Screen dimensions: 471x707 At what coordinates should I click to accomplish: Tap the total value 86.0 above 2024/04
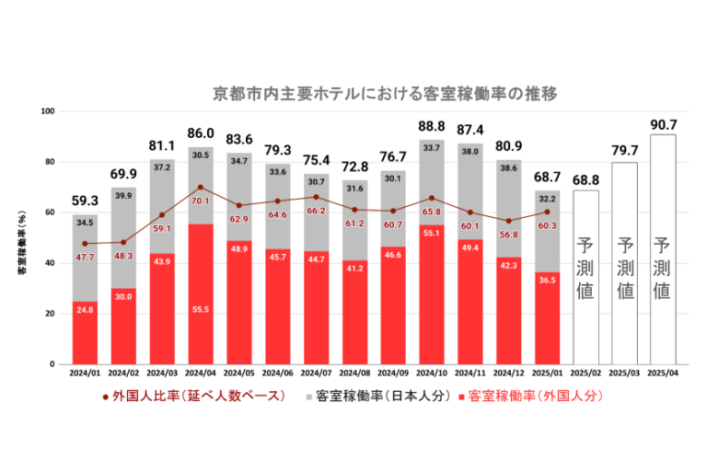click(x=201, y=133)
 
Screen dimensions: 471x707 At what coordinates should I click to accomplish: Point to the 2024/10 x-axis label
click(x=432, y=375)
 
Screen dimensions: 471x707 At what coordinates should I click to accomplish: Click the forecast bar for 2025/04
click(x=663, y=248)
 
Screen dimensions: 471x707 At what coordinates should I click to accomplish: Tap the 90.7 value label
click(x=663, y=123)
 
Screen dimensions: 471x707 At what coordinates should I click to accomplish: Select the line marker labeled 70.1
click(x=201, y=188)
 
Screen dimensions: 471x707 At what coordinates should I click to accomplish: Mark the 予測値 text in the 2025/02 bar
click(x=585, y=269)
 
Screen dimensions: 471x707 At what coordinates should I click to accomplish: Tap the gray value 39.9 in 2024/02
click(x=123, y=196)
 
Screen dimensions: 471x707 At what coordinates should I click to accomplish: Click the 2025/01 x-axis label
click(x=547, y=375)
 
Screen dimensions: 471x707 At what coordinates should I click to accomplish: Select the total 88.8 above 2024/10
click(x=432, y=127)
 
